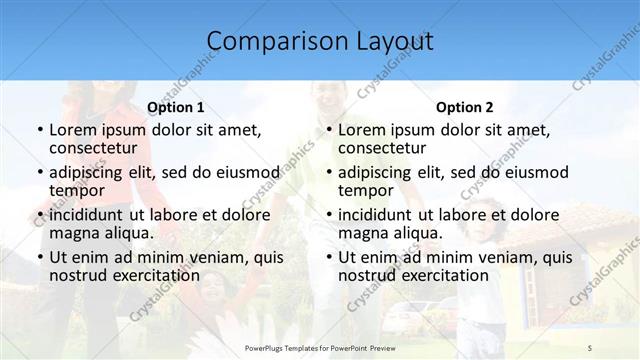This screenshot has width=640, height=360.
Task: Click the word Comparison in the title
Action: (267, 41)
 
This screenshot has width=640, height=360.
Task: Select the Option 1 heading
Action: (176, 107)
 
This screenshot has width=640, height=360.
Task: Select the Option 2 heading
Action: (465, 107)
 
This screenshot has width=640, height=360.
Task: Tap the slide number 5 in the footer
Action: (590, 346)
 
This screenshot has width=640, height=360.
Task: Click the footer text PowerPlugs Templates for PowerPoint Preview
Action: (320, 346)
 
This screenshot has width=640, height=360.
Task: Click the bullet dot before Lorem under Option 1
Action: (39, 131)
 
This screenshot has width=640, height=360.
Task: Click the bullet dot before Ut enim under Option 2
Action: (328, 257)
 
